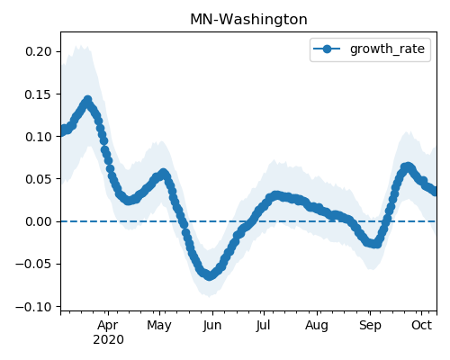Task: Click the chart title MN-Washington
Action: tap(248, 20)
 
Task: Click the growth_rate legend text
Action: tap(387, 49)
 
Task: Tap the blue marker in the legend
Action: tap(327, 49)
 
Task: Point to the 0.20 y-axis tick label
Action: tap(39, 51)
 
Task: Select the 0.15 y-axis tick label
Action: tap(39, 94)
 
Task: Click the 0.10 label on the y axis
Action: tap(39, 137)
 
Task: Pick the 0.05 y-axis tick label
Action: tap(39, 179)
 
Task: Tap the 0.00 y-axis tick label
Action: tap(39, 221)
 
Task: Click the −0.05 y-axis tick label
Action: tap(34, 265)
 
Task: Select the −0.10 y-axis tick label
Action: tap(34, 307)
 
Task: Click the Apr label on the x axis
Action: tap(108, 326)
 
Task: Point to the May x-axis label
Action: tap(159, 326)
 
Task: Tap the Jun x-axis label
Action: tap(212, 326)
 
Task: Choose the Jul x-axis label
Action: tap(263, 326)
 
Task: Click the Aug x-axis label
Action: tap(317, 326)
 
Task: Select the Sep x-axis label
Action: tap(370, 326)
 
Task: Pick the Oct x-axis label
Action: tap(421, 326)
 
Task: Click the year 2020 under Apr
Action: tap(108, 340)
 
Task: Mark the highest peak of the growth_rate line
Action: tap(87, 100)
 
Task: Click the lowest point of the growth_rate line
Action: tap(209, 276)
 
